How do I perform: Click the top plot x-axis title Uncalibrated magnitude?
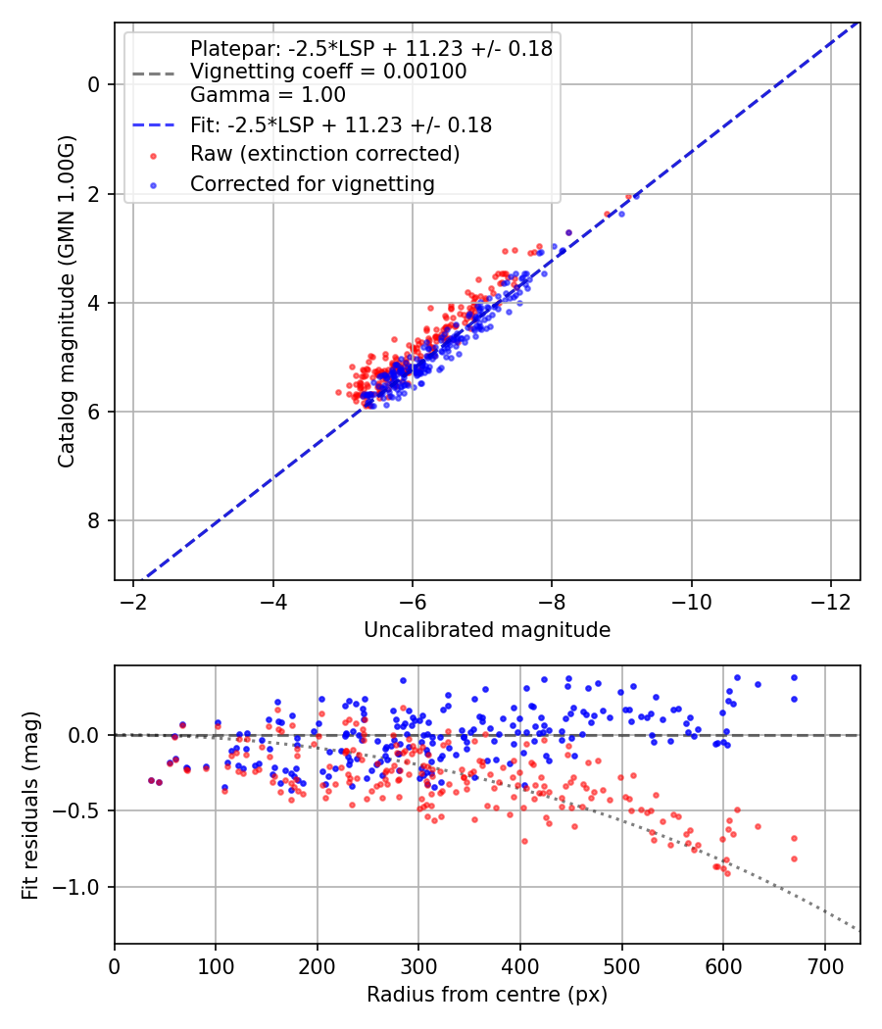487,630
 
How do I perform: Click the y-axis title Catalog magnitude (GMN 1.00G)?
66,302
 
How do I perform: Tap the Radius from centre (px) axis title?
487,995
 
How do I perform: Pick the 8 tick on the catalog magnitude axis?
94,520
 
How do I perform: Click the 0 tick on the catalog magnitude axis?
94,84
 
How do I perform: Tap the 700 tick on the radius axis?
824,965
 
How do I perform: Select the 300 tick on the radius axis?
418,965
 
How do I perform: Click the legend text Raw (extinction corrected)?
324,154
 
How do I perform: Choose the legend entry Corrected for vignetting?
313,183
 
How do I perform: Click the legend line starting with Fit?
341,124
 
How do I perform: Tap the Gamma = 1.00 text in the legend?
268,95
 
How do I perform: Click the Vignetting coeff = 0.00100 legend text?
328,72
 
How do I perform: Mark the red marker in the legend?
153,155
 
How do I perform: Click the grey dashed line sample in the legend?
153,73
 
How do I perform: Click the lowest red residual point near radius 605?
726,873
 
